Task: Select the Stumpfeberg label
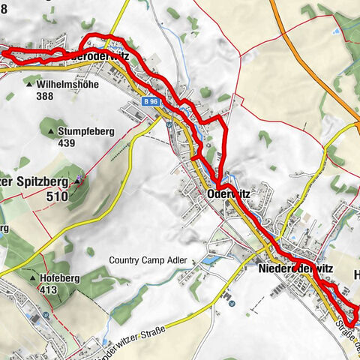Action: click(x=85, y=131)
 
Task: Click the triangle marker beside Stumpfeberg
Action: click(x=51, y=132)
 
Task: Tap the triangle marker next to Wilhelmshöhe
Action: click(x=30, y=85)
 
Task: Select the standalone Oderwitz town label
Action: click(x=227, y=193)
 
